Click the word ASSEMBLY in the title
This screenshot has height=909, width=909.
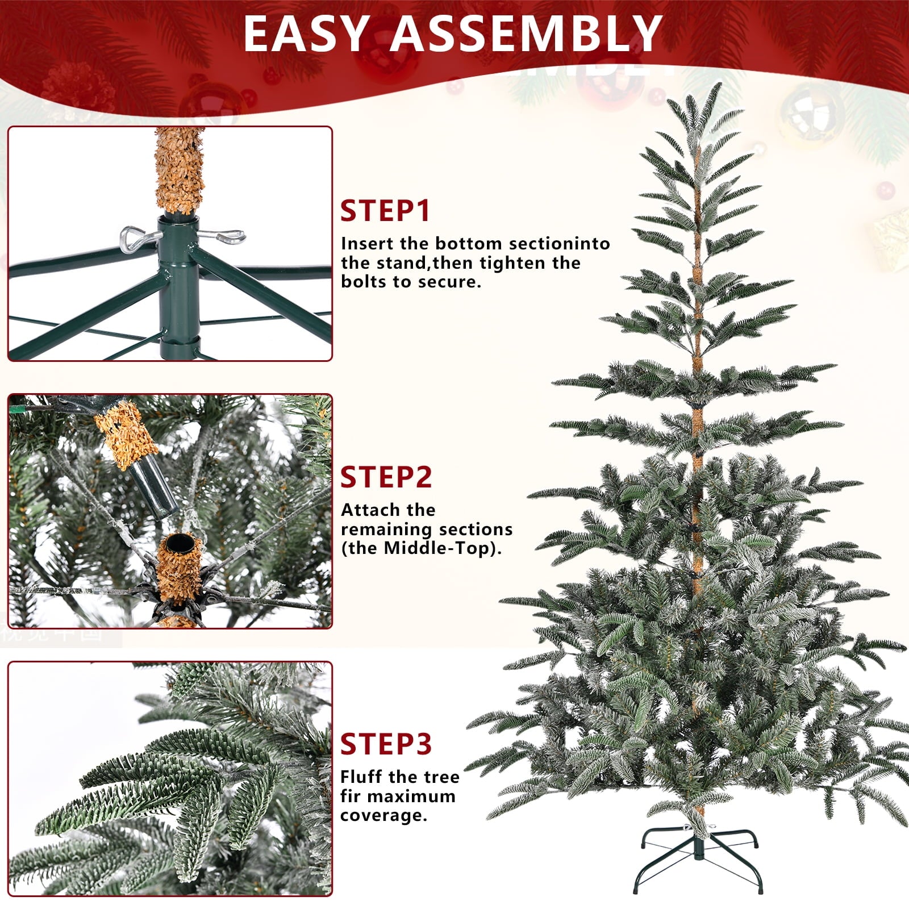coord(527,34)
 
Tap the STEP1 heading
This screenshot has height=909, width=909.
coord(385,211)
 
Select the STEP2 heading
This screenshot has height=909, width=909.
coord(386,477)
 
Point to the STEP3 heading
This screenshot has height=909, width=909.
coord(386,744)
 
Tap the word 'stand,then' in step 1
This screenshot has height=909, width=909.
coord(407,263)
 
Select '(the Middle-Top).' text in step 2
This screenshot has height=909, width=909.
coord(421,548)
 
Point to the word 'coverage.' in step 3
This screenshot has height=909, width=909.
coord(383,815)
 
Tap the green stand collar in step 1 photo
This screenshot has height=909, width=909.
coord(179,284)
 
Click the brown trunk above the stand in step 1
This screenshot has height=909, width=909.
coord(179,170)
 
